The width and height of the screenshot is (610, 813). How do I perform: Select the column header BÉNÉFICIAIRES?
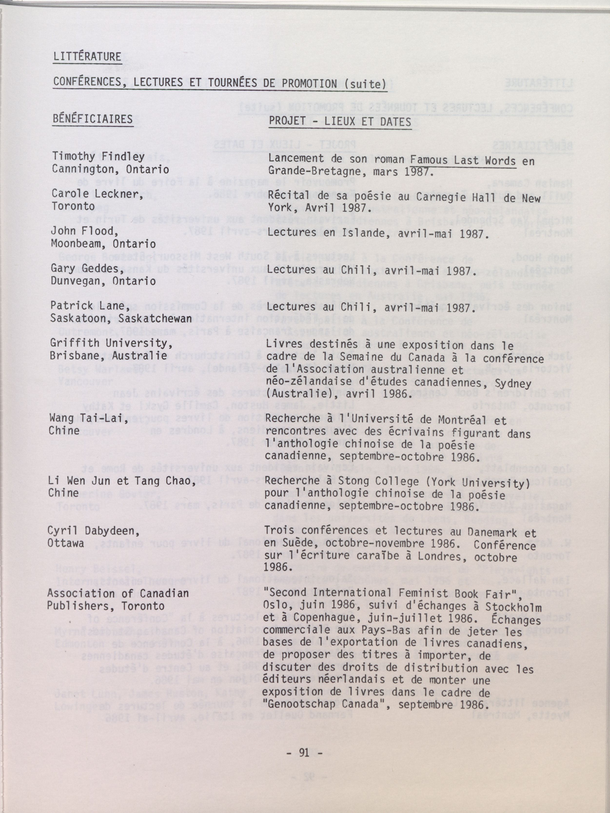tap(92, 119)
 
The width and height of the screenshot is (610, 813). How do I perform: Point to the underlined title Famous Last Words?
tap(463, 161)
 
